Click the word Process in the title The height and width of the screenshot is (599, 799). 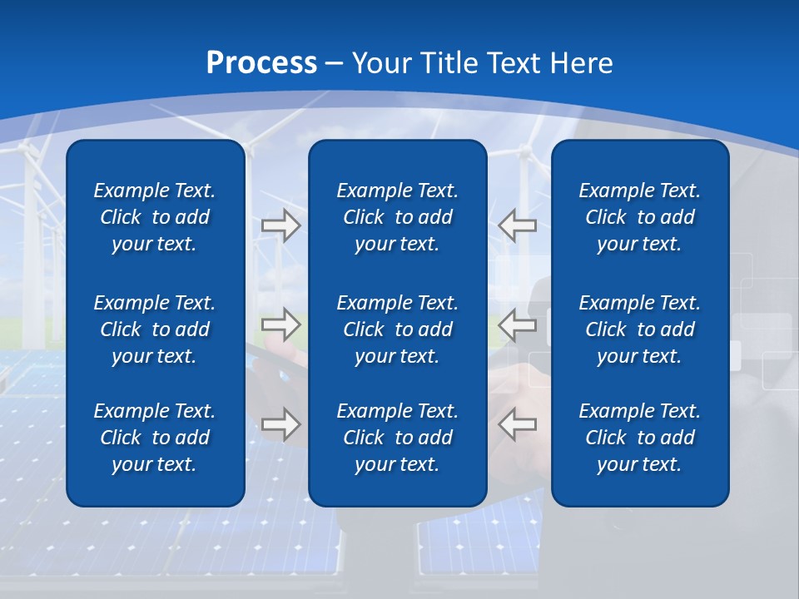(x=261, y=63)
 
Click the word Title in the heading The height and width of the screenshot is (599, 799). (x=449, y=63)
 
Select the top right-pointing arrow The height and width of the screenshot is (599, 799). (x=280, y=225)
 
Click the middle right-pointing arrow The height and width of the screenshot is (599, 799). (x=280, y=324)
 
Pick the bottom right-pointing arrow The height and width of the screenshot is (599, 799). (x=280, y=424)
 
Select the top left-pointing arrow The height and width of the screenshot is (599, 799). (x=517, y=225)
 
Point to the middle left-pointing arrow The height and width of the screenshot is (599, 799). (x=517, y=324)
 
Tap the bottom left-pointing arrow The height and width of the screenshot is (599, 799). (x=517, y=424)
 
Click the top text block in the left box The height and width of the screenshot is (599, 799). (x=155, y=217)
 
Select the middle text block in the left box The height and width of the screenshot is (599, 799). (x=155, y=329)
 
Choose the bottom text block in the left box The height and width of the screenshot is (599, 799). (x=155, y=438)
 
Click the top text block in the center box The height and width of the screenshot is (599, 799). (x=397, y=217)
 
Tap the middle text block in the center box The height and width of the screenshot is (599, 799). (x=397, y=329)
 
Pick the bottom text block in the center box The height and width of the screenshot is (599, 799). (x=397, y=438)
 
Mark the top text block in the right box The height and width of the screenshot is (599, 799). (x=639, y=217)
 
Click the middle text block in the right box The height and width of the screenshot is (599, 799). (x=639, y=329)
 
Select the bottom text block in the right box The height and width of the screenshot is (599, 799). (x=639, y=438)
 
